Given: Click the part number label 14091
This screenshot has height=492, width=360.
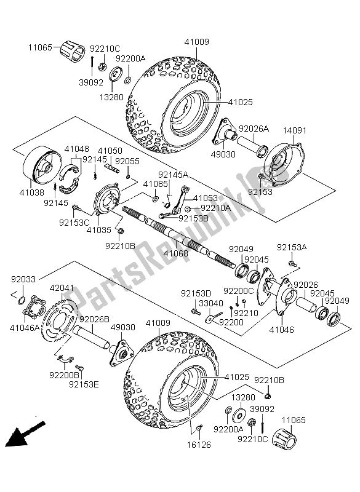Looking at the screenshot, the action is tap(295, 130).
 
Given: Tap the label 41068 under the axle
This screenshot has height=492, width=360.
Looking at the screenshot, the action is tap(176, 253).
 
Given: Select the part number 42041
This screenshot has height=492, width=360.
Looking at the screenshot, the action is tap(62, 288).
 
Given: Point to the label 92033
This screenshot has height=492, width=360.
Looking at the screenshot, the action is tap(23, 279).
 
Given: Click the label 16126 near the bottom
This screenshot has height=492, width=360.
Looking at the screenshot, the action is tap(199, 444).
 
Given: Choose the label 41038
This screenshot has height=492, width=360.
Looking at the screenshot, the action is tap(32, 192).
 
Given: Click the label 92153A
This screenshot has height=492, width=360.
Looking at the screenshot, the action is tap(292, 248).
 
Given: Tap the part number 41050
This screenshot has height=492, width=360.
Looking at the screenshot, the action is tap(110, 151).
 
